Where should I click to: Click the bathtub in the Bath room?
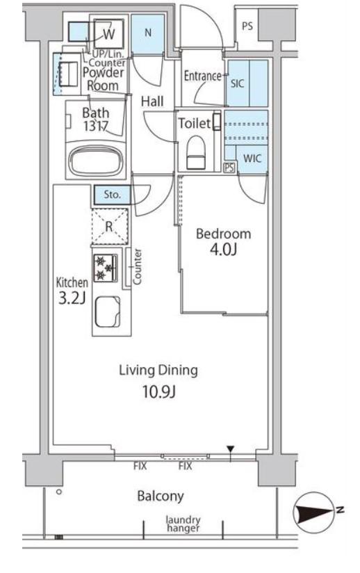coord(96,160)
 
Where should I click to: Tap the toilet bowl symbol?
coord(196,152)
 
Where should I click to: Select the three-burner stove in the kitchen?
coord(105,268)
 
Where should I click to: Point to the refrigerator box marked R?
coord(109,227)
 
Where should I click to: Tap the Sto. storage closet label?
coord(112,195)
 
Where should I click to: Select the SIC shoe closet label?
coord(237,83)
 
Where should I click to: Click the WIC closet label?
coord(252,159)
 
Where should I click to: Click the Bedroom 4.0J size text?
coord(224,250)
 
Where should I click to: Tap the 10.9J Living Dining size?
coord(159,392)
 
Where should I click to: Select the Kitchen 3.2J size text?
coord(72,298)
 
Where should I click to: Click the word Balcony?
coord(161,497)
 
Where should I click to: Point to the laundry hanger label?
coord(183,524)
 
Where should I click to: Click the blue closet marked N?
coord(147,33)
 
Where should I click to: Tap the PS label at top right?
coord(247,26)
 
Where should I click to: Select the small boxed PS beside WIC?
coord(229,168)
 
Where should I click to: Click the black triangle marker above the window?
coord(230,449)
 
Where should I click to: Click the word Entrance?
coord(203,76)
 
